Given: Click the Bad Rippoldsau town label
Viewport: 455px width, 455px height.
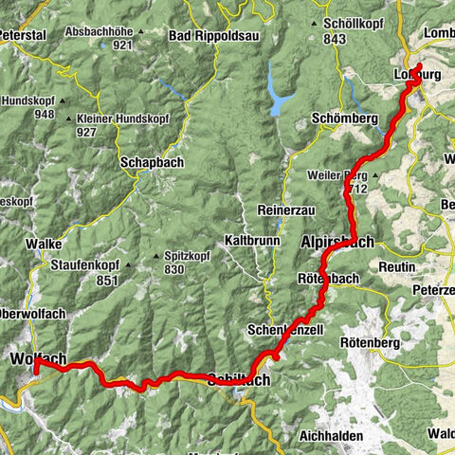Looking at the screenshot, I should pos(207,36).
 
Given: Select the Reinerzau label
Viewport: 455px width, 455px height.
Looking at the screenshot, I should pos(282,209).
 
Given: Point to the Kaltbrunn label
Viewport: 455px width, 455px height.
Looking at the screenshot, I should pos(252,240).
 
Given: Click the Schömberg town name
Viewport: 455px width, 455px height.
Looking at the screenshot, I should pos(345,118).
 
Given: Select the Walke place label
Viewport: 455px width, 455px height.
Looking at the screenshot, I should pos(45,244).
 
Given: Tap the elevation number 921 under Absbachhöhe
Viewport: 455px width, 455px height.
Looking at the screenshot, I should pos(121,45).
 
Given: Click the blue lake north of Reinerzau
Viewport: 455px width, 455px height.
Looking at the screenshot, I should pos(276,97).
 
